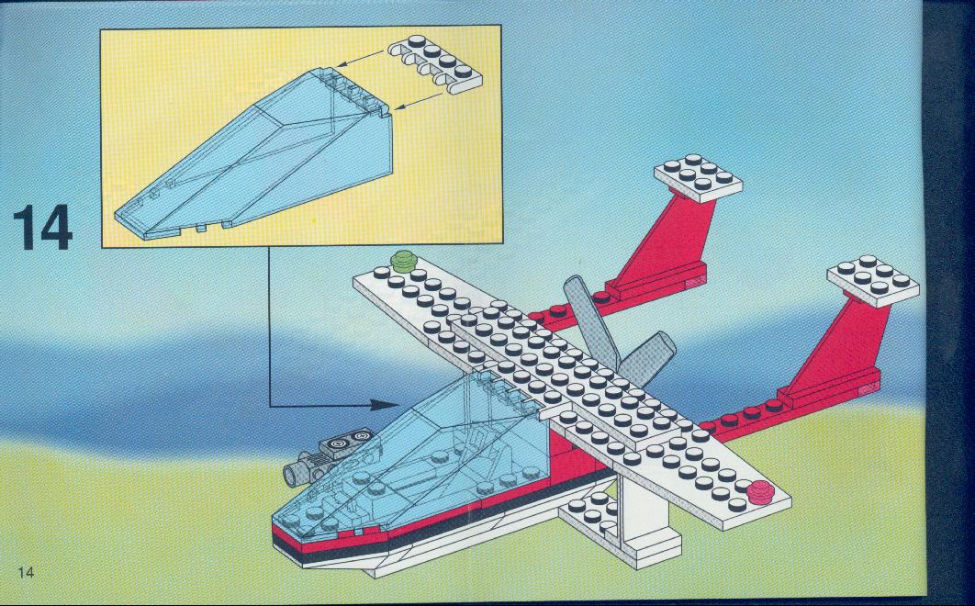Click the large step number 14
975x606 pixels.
tap(42, 228)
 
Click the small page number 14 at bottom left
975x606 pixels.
tap(26, 572)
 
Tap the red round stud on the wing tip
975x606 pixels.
tap(760, 492)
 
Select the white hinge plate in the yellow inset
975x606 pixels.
tap(434, 63)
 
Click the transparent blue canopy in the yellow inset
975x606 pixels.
tap(255, 155)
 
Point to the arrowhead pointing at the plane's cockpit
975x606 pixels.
tap(384, 405)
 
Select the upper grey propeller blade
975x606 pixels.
tap(589, 321)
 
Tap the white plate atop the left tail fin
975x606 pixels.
tap(698, 178)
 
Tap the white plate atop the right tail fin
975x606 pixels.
tap(872, 280)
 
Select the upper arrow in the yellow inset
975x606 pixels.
tap(362, 58)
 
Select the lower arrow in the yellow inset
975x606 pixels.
tap(420, 101)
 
